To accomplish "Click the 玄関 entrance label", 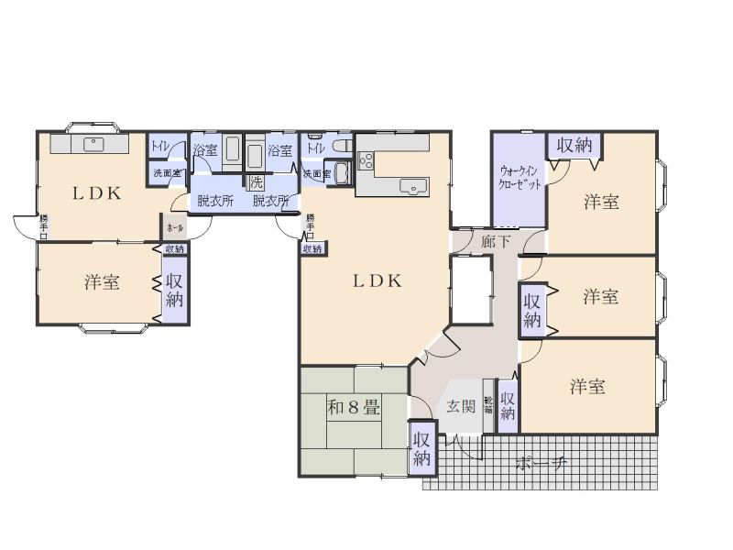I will [461, 406].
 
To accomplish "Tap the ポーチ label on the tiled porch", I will [541, 463].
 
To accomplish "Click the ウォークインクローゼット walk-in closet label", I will [520, 175].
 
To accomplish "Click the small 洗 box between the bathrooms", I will [257, 181].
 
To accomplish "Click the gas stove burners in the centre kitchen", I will [366, 161].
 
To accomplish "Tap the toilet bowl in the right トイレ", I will [343, 147].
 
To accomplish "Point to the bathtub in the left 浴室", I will [232, 149].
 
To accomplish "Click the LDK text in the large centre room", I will [377, 282].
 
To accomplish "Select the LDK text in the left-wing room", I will [98, 193].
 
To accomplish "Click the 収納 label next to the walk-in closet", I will [574, 146].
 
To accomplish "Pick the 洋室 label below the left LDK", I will [103, 281].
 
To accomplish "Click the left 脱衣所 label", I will [215, 201].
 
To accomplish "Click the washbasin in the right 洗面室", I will [342, 172].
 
